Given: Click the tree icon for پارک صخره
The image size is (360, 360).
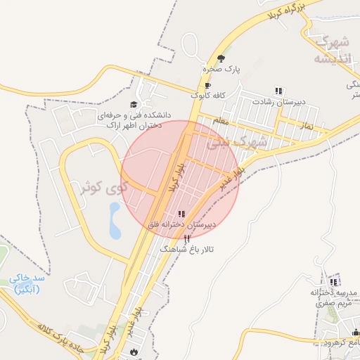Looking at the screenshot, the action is [x=221, y=58].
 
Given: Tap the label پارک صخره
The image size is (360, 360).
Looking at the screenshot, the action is [x=221, y=70].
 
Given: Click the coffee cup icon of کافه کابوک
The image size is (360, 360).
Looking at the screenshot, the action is [x=207, y=85].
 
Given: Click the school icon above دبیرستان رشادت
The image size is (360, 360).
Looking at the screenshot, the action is [x=279, y=91].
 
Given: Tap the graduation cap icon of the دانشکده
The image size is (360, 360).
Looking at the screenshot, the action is [x=134, y=105].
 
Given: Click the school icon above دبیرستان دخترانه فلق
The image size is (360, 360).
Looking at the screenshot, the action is [x=181, y=214].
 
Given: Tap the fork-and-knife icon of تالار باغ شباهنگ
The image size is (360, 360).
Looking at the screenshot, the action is [x=186, y=239].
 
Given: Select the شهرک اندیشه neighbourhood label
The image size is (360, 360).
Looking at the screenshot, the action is [x=330, y=49].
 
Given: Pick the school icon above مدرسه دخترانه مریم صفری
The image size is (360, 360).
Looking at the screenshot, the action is [x=333, y=282].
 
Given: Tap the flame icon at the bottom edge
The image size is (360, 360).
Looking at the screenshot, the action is [x=134, y=352].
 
